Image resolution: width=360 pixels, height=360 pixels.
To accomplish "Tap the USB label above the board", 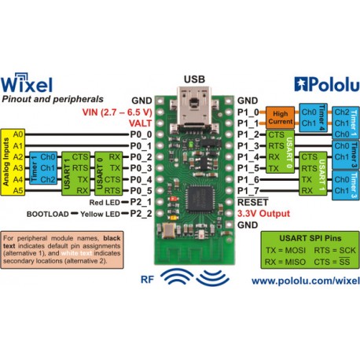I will (x=193, y=79).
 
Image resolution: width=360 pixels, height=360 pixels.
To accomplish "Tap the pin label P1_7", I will (x=248, y=191).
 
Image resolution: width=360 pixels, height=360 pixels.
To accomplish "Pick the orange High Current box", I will (x=280, y=119).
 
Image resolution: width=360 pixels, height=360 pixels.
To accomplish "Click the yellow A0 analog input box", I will (x=19, y=135).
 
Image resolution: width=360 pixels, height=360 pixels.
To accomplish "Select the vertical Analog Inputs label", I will (x=6, y=163).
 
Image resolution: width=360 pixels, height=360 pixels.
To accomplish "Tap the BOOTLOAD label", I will (x=49, y=213).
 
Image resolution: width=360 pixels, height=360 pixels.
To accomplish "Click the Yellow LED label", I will (x=103, y=213).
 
